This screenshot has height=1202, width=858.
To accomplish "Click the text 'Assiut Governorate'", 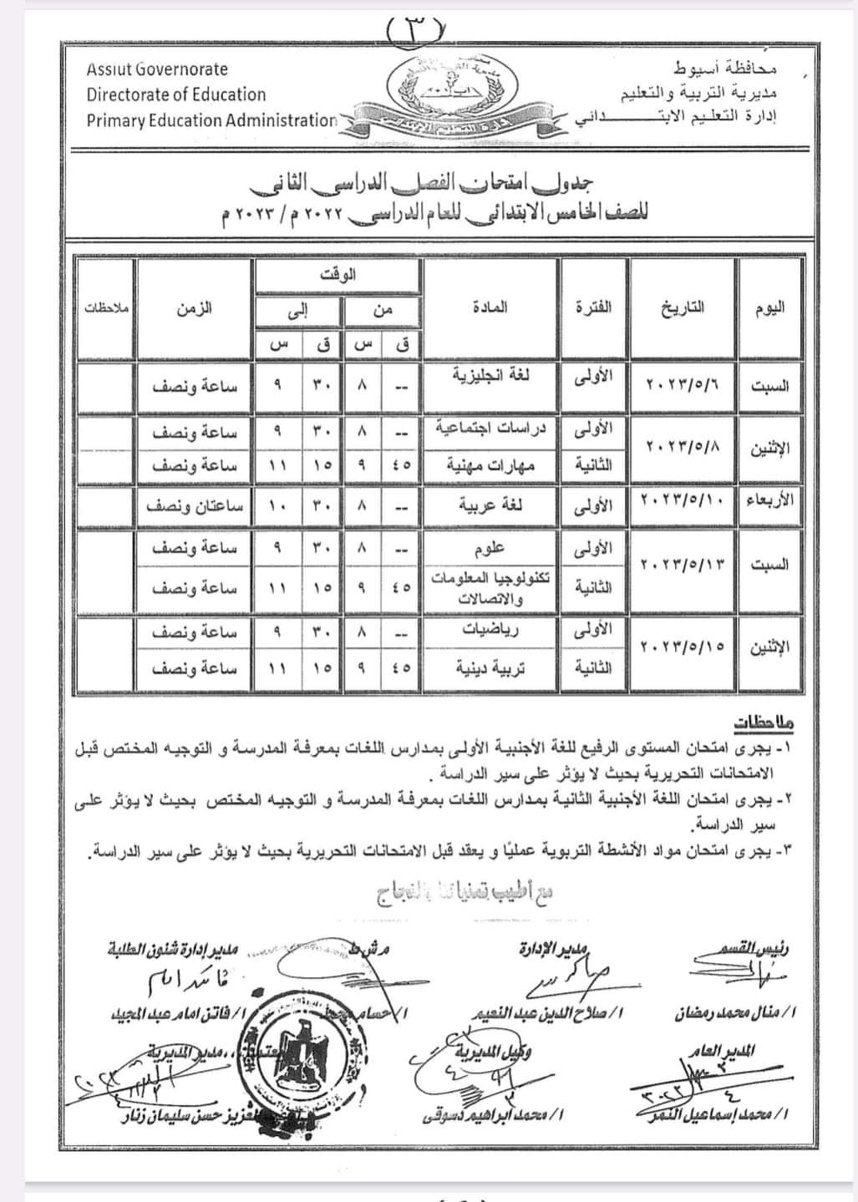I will tap(157, 69).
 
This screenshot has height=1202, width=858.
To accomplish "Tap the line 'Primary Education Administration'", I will tap(211, 120).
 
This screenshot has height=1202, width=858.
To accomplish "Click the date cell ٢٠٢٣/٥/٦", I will tap(682, 385).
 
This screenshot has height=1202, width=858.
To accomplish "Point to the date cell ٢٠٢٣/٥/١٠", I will tap(682, 502).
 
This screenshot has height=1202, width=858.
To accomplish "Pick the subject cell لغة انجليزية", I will tap(490, 376).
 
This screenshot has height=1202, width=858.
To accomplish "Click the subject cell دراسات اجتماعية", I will tap(490, 428).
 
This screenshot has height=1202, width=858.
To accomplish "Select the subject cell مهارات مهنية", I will tap(490, 464).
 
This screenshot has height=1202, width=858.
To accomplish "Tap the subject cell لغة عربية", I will tap(490, 505).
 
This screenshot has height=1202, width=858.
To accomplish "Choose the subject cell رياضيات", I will tap(490, 630).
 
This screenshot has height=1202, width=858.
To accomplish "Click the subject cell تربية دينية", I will tap(490, 668).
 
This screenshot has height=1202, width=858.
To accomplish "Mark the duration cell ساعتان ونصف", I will tap(195, 506).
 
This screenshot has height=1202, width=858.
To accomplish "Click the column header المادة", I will tap(490, 307).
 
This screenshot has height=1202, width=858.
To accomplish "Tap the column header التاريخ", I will tap(682, 307).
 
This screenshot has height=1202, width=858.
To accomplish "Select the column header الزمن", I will tap(194, 307).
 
